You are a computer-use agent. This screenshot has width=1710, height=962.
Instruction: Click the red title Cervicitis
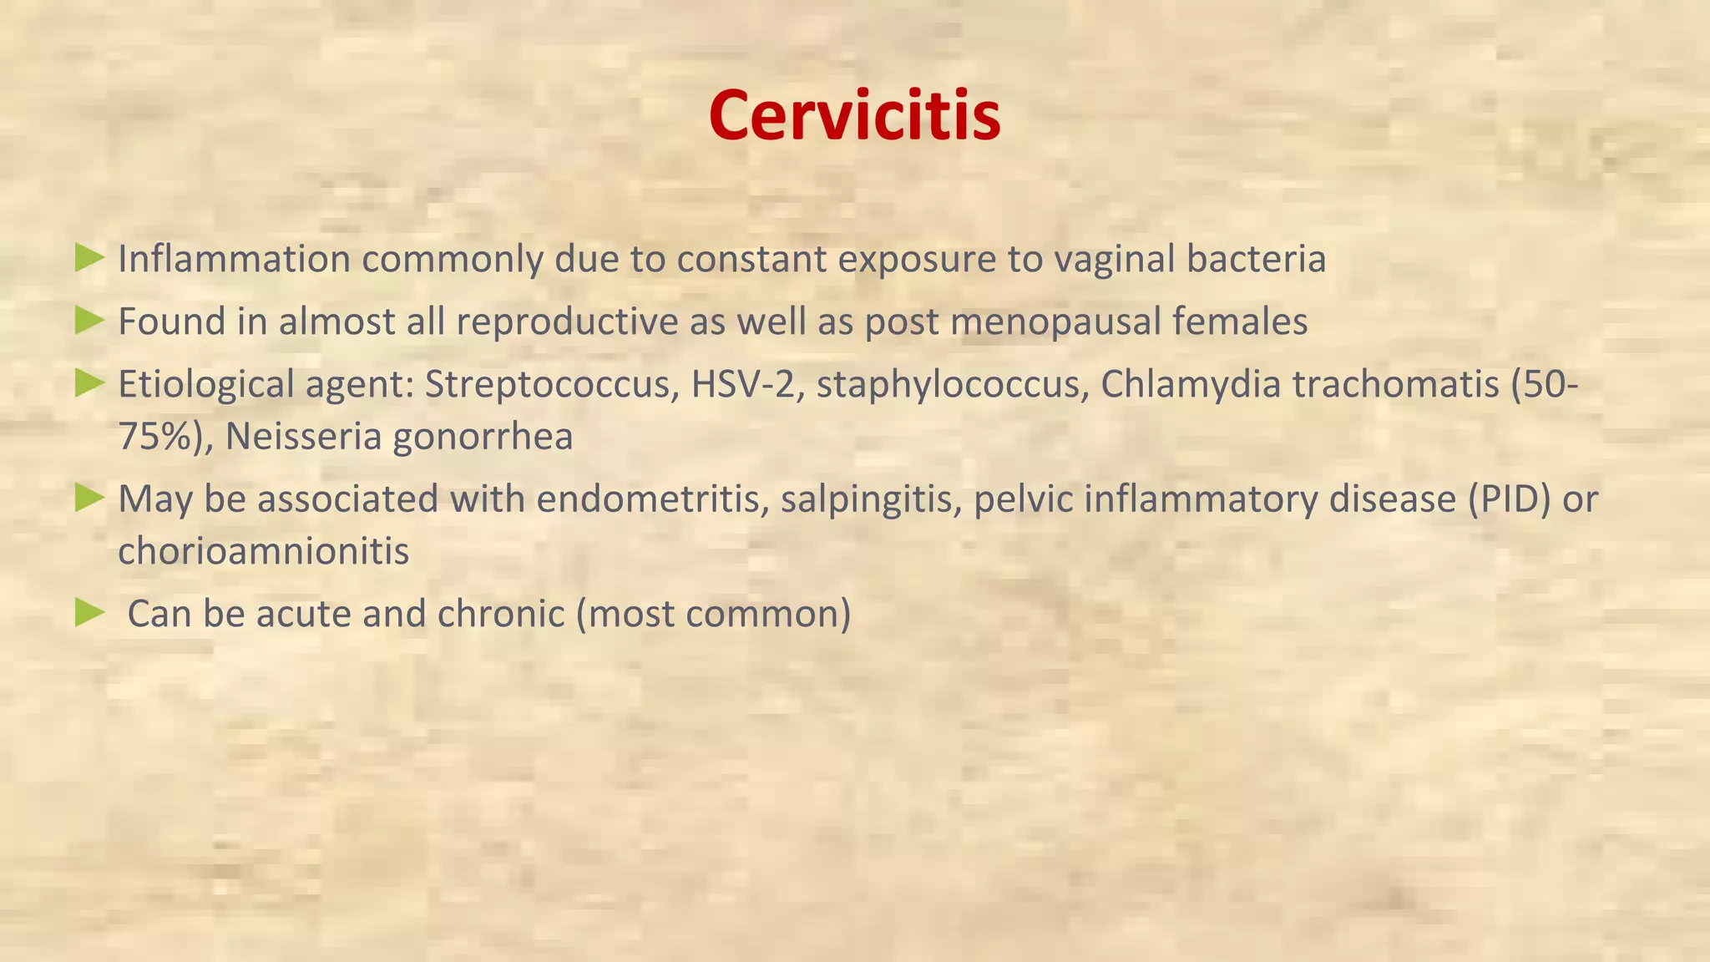click(854, 115)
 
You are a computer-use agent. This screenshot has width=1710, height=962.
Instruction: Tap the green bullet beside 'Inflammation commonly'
click(89, 257)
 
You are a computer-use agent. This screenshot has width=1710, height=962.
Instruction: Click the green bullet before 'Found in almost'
click(89, 320)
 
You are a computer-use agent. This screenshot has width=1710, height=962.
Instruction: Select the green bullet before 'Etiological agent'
click(89, 383)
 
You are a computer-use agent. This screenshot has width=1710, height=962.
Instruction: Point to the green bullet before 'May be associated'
click(89, 498)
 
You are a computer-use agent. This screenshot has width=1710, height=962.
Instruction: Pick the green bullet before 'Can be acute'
click(89, 613)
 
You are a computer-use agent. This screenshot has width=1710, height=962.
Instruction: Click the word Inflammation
click(234, 259)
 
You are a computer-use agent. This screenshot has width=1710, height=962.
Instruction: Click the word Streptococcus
click(551, 385)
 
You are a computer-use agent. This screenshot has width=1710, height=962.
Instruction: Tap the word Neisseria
click(303, 437)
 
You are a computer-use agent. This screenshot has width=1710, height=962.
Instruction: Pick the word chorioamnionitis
click(263, 551)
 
